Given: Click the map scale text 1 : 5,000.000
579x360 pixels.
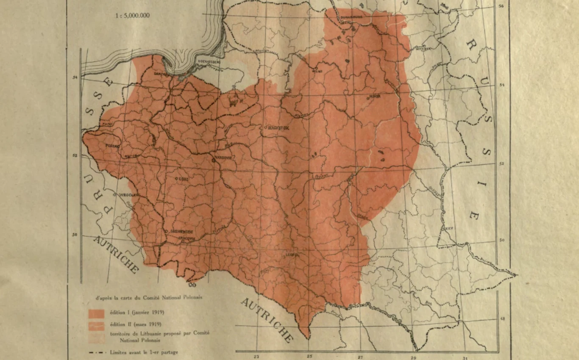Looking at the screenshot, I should pos(133,16).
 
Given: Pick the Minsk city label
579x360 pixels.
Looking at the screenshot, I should pos(375,96).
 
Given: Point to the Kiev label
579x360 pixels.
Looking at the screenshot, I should pos(448,228).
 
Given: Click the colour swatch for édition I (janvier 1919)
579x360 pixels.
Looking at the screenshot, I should pos(96,313).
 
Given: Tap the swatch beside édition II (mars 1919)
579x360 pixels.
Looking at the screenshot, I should pos(96,325).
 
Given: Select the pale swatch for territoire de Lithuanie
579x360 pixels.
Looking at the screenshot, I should pos(96,337).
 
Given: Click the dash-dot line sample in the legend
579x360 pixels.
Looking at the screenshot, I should pos(97,352).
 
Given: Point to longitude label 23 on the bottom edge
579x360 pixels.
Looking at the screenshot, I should pos(256,357).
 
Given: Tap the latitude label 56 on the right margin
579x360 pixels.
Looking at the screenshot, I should pos(501,6).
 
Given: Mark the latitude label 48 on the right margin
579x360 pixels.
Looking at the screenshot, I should pos(502,319).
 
